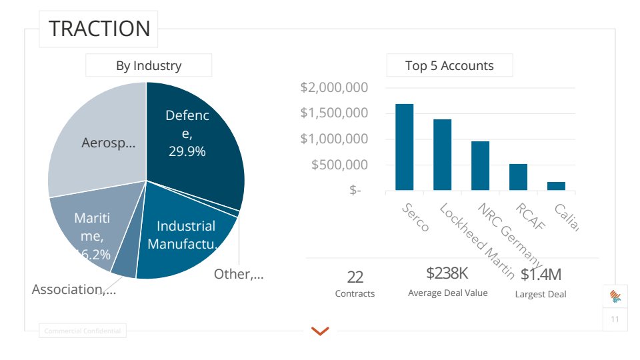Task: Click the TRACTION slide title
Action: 99,29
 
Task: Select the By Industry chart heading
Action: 149,65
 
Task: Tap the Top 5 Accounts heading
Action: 449,65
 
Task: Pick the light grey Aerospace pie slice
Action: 100,147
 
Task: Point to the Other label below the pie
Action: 238,274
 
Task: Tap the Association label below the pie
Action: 74,289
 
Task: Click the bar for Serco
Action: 404,147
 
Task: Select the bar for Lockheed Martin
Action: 442,155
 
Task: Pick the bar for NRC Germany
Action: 480,166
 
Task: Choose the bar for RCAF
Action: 518,177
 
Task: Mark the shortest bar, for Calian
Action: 556,186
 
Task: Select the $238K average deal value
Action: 447,273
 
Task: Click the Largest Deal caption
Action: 541,294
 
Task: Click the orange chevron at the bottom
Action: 320,331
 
